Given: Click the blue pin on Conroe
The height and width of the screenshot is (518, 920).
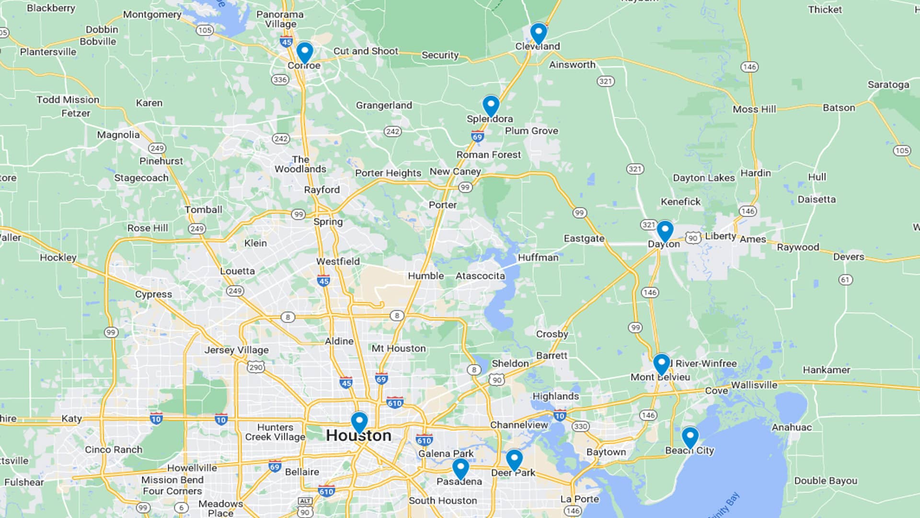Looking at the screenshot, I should coord(305,52).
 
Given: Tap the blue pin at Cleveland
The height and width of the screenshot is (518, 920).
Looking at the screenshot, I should coord(539,33).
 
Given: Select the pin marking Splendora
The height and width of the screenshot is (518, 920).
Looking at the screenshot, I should coord(491,105).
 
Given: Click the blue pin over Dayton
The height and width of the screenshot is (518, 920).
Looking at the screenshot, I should coord(665,231).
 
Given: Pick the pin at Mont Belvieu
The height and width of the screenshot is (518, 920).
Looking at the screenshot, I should coord(661,364).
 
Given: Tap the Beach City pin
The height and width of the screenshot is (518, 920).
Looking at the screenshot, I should coord(690,436).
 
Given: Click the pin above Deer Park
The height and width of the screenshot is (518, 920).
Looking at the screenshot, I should coord(514,459).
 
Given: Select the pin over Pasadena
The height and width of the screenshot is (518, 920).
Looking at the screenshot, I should coord(460,468).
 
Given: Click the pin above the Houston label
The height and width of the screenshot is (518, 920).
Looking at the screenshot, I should coord(359,422).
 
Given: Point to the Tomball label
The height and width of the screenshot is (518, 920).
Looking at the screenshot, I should coord(204,210).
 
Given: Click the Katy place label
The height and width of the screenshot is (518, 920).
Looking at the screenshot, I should coord(71,419).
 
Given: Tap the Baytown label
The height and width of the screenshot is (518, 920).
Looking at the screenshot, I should coord(606,452).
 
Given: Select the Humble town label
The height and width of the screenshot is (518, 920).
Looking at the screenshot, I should coord(425,276).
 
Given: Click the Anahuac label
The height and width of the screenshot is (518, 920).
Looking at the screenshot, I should coord(792,427).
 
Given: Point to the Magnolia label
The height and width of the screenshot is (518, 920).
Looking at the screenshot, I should coord(118,135).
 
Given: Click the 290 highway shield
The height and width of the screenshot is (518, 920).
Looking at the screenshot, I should coord(256,367).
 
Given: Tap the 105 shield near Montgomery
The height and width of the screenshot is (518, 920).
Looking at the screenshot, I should coord(205,30).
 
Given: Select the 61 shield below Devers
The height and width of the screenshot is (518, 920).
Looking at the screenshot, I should coord(845,280).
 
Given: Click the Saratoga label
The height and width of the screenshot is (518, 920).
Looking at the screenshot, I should coord(888,85).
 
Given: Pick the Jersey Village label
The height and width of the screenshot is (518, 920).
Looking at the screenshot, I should coord(236,350).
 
